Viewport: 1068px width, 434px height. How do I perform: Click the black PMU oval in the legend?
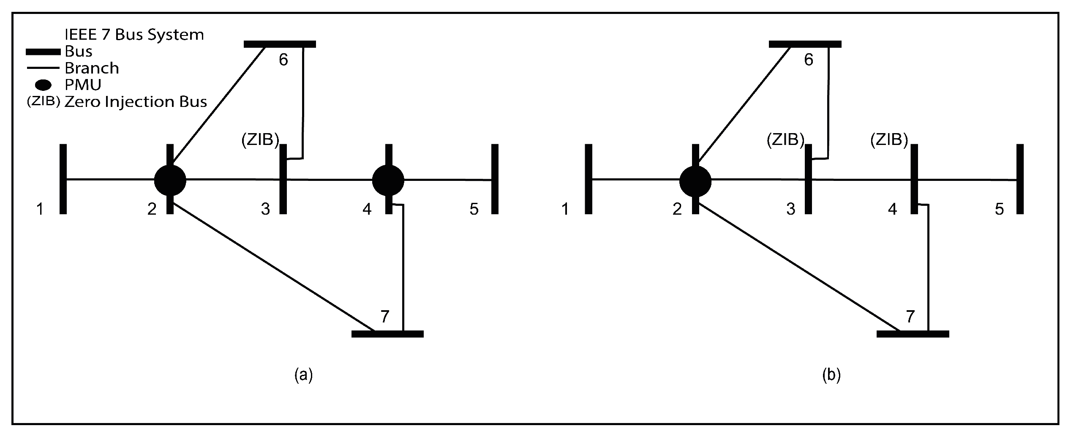43,85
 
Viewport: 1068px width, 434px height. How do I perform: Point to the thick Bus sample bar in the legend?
43,52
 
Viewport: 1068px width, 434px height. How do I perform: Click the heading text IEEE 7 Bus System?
134,35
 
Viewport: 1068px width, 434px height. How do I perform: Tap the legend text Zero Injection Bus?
136,102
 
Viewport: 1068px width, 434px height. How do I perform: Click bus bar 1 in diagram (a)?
63,179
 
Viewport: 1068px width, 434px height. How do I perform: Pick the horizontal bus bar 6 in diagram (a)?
280,44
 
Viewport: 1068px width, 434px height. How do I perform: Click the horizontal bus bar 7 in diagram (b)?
913,334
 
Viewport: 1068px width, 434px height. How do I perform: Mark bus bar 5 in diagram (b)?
1020,179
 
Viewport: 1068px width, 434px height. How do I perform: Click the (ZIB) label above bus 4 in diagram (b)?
889,140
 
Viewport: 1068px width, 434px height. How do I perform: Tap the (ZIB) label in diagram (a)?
260,140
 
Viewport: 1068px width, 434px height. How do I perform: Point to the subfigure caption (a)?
303,375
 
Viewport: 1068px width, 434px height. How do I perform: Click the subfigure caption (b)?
831,375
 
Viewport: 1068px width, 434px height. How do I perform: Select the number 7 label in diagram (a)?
384,317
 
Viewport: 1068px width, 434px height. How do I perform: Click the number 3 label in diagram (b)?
791,209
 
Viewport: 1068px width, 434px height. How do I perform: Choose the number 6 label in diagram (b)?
809,60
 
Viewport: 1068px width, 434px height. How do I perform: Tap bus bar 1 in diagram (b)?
589,179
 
